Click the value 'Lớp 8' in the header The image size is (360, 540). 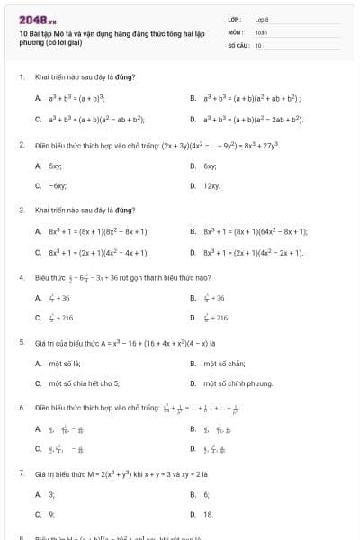(262, 19)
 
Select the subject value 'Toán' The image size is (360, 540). (261, 31)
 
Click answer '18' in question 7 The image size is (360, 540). (209, 514)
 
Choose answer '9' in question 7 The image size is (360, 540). (51, 514)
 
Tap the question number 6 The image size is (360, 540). (22, 407)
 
